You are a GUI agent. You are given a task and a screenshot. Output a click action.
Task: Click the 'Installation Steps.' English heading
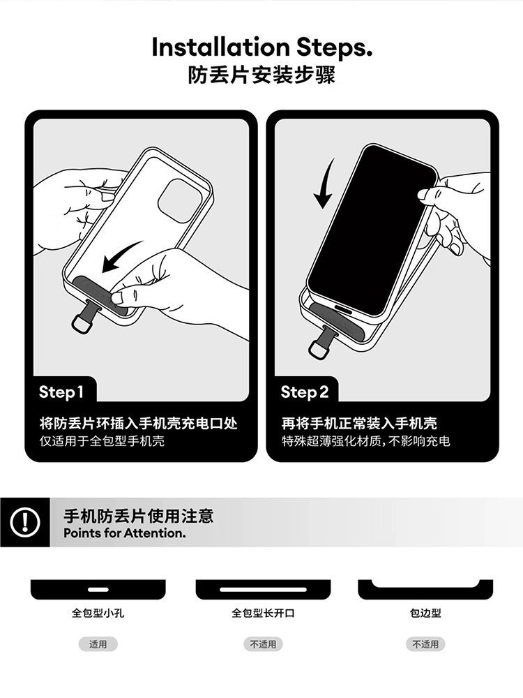(x=262, y=47)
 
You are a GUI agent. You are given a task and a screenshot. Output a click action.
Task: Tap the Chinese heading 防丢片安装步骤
(x=261, y=75)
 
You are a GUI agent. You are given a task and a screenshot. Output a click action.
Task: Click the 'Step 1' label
(x=61, y=392)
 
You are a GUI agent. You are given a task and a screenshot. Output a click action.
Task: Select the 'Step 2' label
(x=304, y=392)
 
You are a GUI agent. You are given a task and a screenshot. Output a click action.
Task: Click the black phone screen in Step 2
(x=372, y=230)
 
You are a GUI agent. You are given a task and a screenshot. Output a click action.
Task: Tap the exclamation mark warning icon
(x=25, y=521)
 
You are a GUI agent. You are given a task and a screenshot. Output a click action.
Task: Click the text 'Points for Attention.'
(x=125, y=533)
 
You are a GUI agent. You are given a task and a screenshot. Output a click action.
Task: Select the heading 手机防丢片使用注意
(x=138, y=516)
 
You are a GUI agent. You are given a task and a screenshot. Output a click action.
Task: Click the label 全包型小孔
(x=98, y=614)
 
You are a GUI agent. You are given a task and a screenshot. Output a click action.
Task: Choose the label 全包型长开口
(x=263, y=614)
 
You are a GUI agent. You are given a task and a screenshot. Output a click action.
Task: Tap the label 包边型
(x=425, y=614)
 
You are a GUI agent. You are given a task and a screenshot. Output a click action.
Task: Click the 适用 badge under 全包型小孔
(x=98, y=644)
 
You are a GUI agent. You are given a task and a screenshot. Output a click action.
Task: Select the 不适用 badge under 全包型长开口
(x=263, y=644)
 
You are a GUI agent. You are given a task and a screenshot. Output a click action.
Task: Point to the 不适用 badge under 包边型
(x=425, y=644)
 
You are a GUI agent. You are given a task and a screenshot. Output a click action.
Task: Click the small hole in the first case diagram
(x=98, y=590)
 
